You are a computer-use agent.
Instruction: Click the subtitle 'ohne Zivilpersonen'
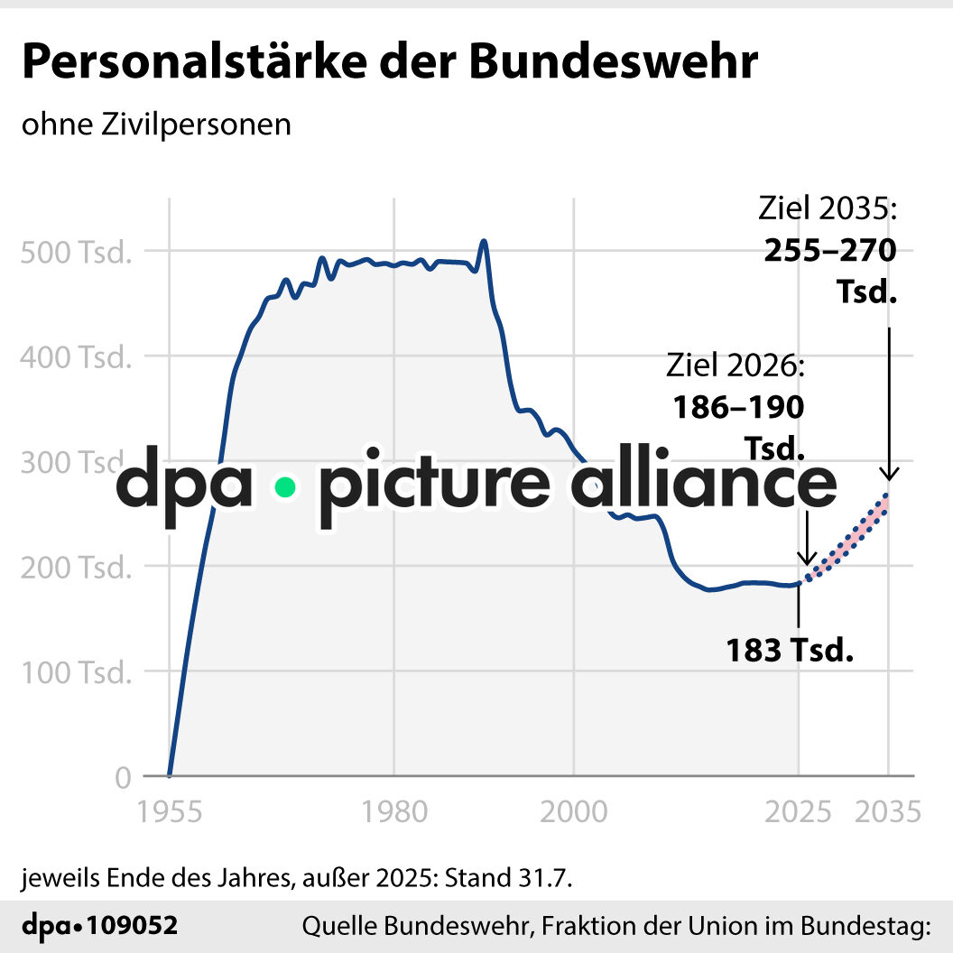[x=156, y=124]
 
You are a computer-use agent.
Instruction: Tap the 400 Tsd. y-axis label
[x=75, y=356]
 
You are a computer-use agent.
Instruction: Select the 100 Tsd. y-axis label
[x=75, y=672]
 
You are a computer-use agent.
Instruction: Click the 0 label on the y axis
[x=123, y=777]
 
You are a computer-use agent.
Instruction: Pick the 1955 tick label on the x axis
[x=169, y=811]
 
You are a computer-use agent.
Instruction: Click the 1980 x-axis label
[x=393, y=811]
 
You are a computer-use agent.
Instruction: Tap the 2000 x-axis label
[x=573, y=811]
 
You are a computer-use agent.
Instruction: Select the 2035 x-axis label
[x=889, y=811]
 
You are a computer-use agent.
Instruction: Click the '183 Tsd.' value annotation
[x=790, y=649]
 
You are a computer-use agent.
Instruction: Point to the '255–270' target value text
[x=830, y=250]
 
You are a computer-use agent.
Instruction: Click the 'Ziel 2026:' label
[x=735, y=365]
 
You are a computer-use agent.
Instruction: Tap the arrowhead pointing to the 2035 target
[x=889, y=473]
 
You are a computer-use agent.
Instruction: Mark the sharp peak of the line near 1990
[x=484, y=241]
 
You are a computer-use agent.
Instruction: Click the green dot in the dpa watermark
[x=285, y=487]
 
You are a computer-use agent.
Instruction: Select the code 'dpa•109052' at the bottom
[x=99, y=925]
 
